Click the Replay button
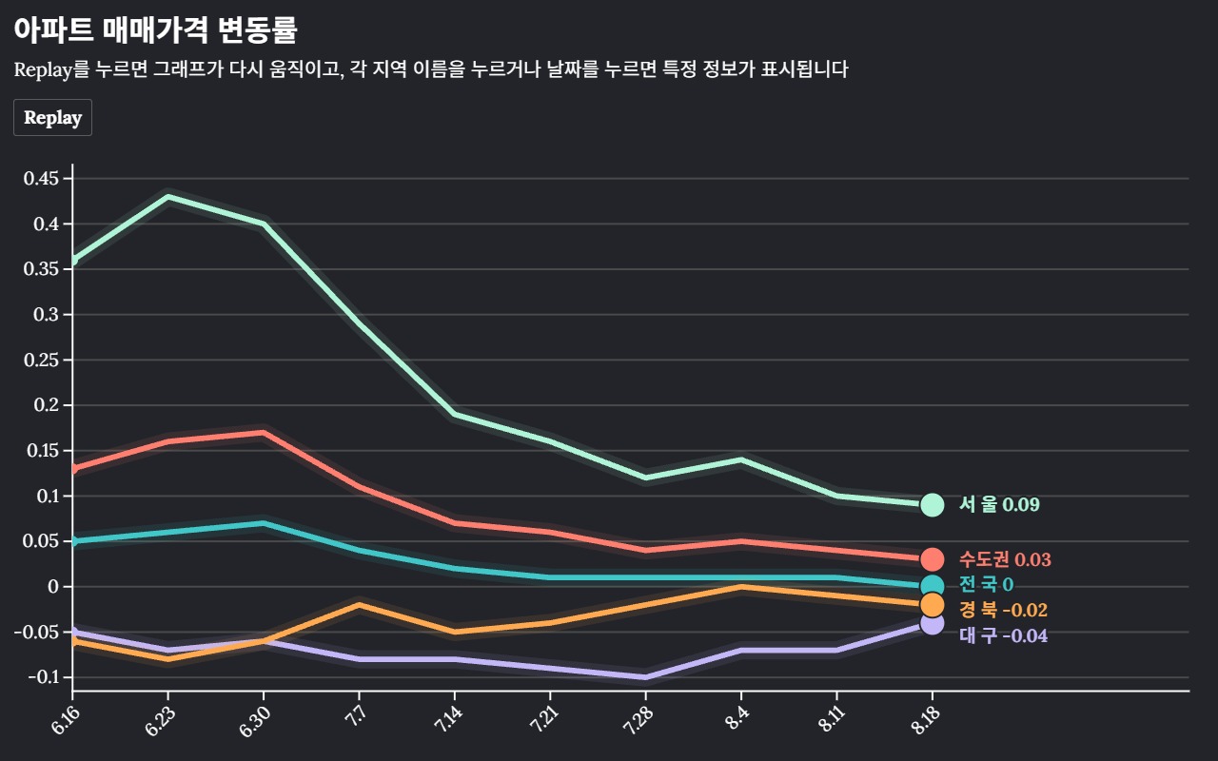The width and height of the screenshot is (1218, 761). coord(52,118)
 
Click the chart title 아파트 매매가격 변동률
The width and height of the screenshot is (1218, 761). coord(155,30)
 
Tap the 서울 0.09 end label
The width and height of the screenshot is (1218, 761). coord(999,505)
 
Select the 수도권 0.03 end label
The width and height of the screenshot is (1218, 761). coord(1005,560)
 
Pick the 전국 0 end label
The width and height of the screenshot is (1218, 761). coord(986,584)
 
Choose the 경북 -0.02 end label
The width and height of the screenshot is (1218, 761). coord(1003,610)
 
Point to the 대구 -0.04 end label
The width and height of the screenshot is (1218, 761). coord(1003,635)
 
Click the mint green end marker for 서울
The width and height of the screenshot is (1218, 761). coord(932,505)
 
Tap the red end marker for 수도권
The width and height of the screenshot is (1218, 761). coord(932,559)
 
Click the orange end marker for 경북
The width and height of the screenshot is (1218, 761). coord(932,605)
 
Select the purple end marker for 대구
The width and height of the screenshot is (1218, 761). coord(932,623)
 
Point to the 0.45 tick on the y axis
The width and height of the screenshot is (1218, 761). coord(41,179)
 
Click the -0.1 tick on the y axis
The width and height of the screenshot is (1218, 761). coord(44,677)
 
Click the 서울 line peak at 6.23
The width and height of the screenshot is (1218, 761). coord(168,197)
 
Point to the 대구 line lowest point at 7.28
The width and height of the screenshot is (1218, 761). coord(645,677)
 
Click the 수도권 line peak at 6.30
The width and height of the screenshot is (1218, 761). coord(264,433)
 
